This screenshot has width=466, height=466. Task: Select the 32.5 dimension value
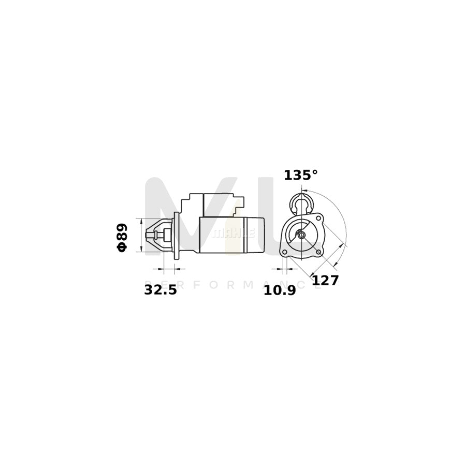pos(161,290)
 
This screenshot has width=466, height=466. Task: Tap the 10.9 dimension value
pos(280,290)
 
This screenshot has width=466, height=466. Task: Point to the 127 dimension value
pos(325,280)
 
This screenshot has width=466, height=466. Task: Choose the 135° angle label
pos(300,176)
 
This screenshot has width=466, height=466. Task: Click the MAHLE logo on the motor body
pos(234,234)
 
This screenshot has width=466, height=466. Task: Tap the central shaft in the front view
pos(301,236)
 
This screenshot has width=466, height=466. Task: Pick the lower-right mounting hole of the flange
pos(318,252)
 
